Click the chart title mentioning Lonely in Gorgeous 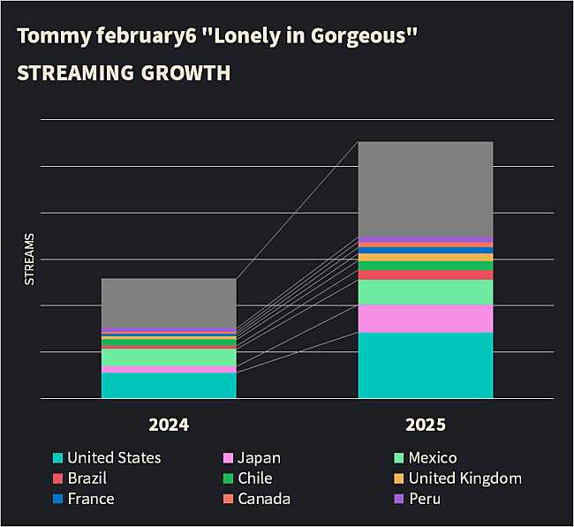click(x=216, y=37)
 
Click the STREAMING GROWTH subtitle click(x=124, y=72)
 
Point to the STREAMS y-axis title click(x=28, y=259)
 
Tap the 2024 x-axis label click(x=169, y=425)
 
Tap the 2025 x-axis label click(x=425, y=425)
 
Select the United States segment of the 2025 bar click(x=425, y=365)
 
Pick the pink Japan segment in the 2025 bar click(x=425, y=319)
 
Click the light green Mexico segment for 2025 click(x=425, y=292)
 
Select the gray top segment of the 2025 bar click(x=425, y=189)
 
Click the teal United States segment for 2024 click(x=169, y=386)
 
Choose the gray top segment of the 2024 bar click(x=169, y=303)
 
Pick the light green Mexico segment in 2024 click(x=169, y=358)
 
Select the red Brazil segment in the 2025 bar click(x=425, y=275)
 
